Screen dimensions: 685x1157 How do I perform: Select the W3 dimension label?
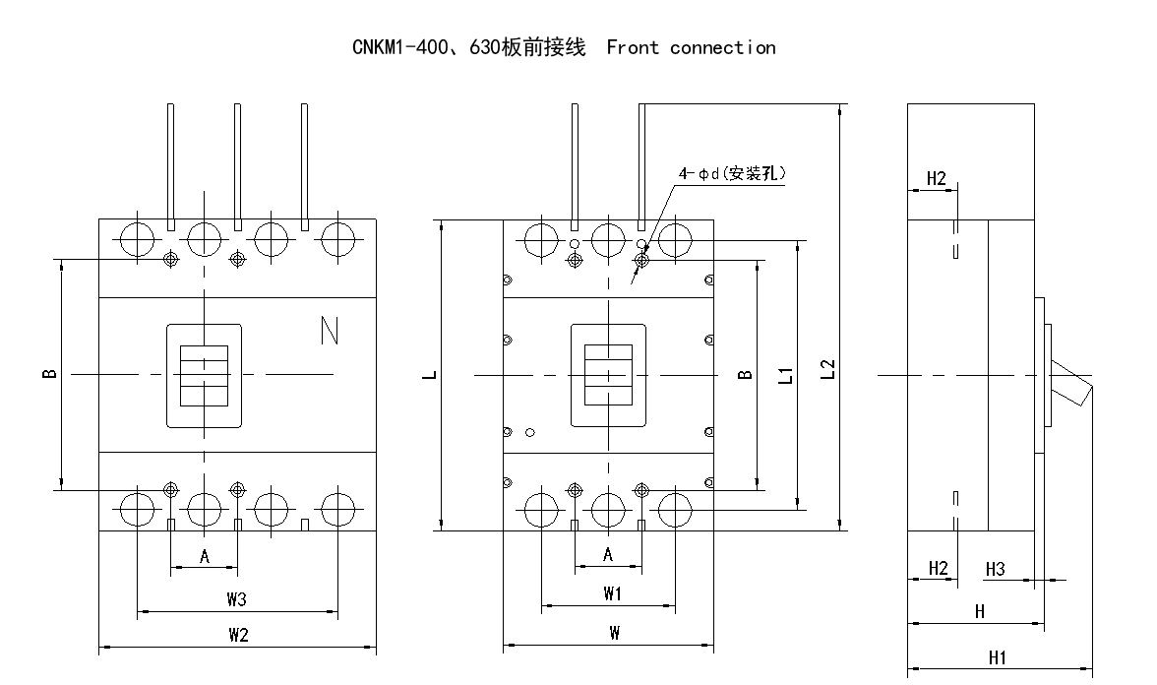click(x=236, y=598)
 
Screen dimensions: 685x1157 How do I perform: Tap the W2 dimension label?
click(x=237, y=635)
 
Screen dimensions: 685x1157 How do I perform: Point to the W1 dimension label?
click(x=612, y=593)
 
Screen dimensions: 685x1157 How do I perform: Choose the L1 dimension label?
click(x=786, y=374)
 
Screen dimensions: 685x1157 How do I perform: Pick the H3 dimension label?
click(x=995, y=569)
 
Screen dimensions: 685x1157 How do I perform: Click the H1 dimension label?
click(x=997, y=657)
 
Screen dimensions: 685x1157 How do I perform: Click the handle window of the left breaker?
click(x=204, y=375)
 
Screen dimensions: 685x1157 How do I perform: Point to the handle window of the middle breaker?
click(x=607, y=375)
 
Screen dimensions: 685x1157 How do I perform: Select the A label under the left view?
click(x=205, y=557)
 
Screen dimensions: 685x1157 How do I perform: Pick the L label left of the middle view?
click(x=434, y=375)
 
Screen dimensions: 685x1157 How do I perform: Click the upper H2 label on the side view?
click(x=936, y=178)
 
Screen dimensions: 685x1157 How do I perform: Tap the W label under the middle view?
click(x=613, y=634)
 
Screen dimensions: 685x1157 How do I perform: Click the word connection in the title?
click(x=722, y=47)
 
